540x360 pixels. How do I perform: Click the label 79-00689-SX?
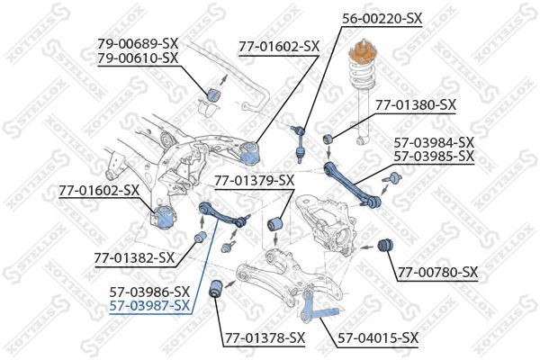point(138,43)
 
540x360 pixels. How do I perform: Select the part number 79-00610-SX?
point(138,58)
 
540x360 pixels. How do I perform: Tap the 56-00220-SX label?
point(382,17)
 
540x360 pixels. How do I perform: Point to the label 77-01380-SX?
point(416,104)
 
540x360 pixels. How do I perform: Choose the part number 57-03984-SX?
point(434,142)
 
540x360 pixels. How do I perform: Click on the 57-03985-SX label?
point(434,156)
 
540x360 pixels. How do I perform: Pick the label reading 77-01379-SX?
point(254,181)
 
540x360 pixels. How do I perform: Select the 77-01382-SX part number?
point(134,258)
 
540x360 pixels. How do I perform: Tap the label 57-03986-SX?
point(149,292)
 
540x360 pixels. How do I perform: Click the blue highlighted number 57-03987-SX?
point(149,305)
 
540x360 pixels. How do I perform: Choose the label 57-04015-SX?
point(378,338)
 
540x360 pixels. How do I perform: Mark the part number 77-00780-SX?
point(438,272)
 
